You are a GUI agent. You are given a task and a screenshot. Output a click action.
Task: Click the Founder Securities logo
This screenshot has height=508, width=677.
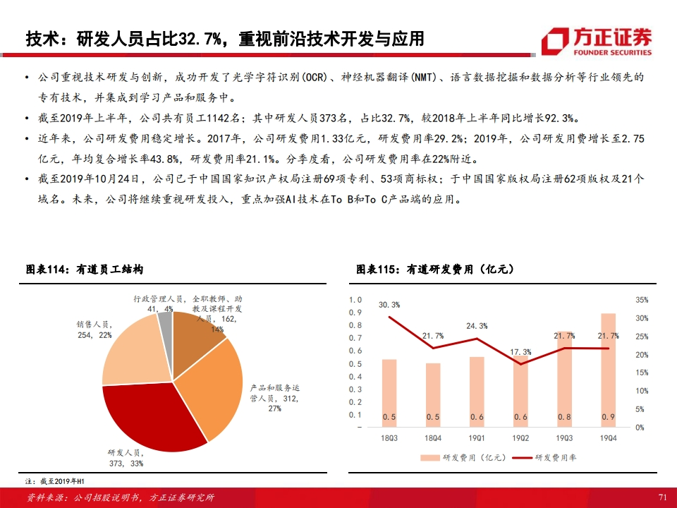pyautogui.click(x=597, y=41)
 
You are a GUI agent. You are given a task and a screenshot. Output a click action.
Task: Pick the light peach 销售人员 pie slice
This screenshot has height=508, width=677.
pyautogui.click(x=134, y=353)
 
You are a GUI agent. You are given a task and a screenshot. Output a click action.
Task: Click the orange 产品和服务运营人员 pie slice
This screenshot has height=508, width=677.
pyautogui.click(x=212, y=381)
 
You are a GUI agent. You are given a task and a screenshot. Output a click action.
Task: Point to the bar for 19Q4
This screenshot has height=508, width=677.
pyautogui.click(x=608, y=370)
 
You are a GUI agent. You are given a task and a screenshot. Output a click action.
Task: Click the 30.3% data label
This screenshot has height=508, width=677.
pyautogui.click(x=389, y=305)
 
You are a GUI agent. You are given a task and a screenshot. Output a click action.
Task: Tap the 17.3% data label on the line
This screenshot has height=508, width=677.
pyautogui.click(x=520, y=351)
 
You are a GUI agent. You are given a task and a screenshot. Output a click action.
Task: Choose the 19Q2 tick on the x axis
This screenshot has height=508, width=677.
pyautogui.click(x=520, y=438)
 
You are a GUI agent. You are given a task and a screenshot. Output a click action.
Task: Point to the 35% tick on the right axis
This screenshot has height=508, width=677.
pyautogui.click(x=641, y=300)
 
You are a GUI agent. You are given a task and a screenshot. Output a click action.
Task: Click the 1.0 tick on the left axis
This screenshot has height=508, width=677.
pyautogui.click(x=355, y=300)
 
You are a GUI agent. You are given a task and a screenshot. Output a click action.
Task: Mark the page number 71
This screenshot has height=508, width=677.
pyautogui.click(x=661, y=497)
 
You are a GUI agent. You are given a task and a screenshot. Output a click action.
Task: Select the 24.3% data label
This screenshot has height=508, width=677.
pyautogui.click(x=477, y=326)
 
